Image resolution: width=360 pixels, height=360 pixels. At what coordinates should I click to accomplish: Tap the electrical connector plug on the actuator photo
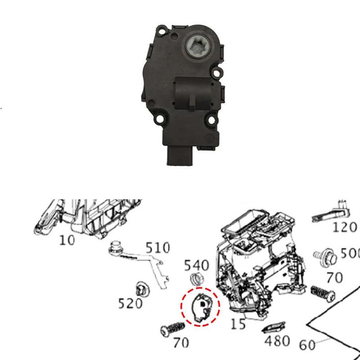tap(180, 156)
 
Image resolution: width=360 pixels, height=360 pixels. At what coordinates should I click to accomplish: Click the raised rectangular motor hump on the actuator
tap(192, 92)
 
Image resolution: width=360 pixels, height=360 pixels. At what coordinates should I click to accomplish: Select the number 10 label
tap(67, 240)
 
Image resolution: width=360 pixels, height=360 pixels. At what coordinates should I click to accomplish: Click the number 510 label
tap(157, 248)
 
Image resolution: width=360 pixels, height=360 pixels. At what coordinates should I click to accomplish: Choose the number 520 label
tap(130, 304)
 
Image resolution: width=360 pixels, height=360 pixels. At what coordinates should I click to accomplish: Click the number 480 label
tap(278, 341)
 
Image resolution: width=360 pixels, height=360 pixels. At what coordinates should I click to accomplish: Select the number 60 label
tap(307, 345)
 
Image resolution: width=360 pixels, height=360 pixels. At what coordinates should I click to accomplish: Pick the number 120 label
tap(345, 227)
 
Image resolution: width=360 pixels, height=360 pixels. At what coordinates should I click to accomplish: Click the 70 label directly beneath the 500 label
tap(335, 277)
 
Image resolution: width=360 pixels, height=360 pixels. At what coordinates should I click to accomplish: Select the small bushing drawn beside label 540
tap(196, 278)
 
